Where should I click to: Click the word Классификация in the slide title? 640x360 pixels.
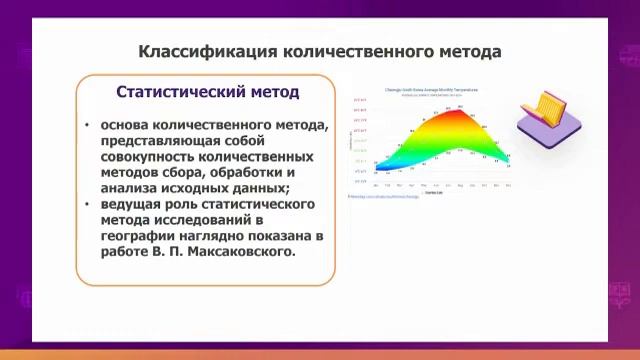point(202,50)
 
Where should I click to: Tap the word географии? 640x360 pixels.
point(139,236)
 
